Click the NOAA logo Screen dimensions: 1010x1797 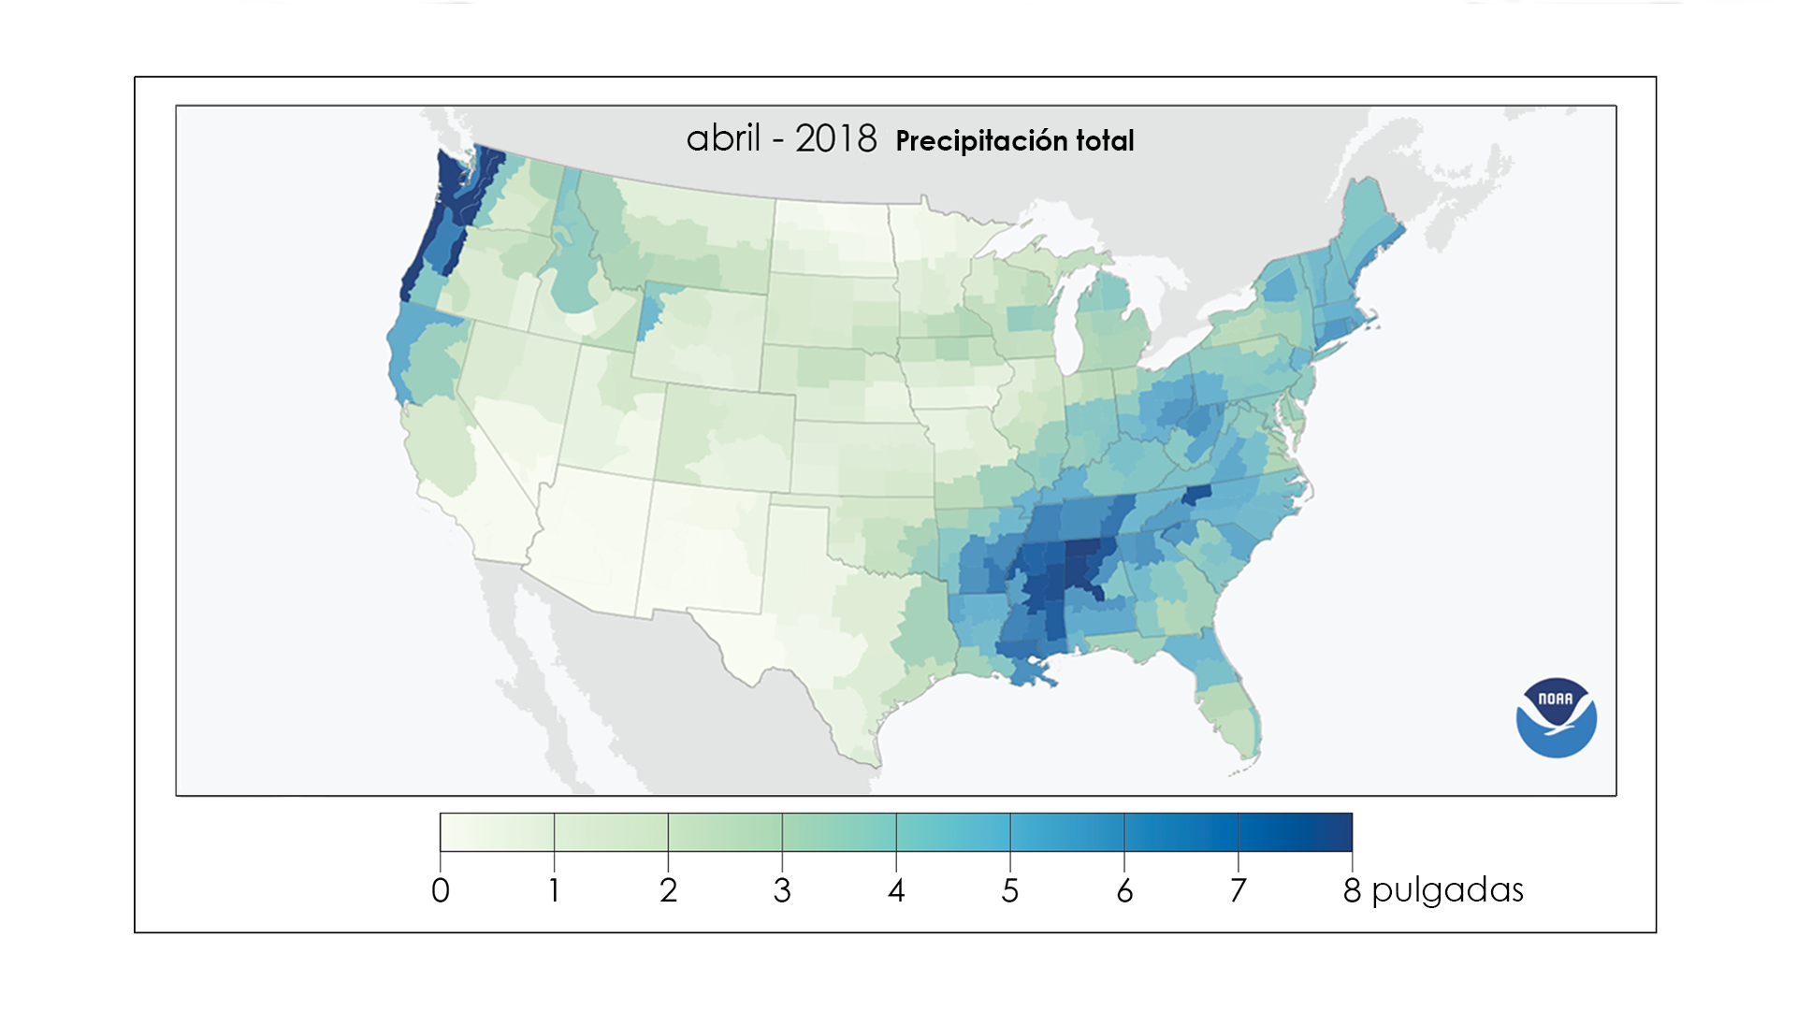coord(1556,717)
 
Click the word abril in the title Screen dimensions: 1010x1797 coord(723,139)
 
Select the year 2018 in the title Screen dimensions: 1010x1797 coord(835,139)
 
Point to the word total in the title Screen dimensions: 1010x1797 coord(1105,141)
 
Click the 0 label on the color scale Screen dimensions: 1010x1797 coord(441,890)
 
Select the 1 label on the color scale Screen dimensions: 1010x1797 coord(554,890)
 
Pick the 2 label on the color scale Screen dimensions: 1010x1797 coord(668,890)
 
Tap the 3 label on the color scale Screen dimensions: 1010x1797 coord(782,890)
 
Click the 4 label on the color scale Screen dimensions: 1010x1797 coord(896,890)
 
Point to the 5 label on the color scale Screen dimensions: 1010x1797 coord(1010,890)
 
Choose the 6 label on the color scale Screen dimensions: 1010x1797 coord(1124,890)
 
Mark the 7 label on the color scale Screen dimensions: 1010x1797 coord(1239,890)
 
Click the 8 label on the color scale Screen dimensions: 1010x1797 coord(1352,890)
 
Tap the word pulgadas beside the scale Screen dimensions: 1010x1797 coord(1447,890)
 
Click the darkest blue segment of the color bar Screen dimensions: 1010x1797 coord(1296,832)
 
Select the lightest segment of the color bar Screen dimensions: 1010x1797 coord(497,832)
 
